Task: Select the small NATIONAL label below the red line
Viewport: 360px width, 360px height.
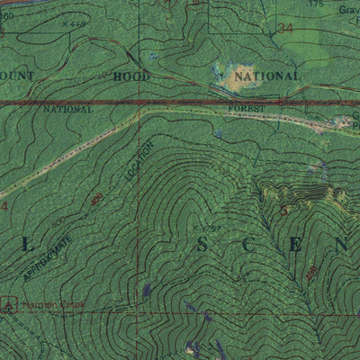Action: pos(67,109)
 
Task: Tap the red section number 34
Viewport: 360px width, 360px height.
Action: pos(286,29)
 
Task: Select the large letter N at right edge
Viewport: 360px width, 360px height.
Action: pos(340,244)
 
